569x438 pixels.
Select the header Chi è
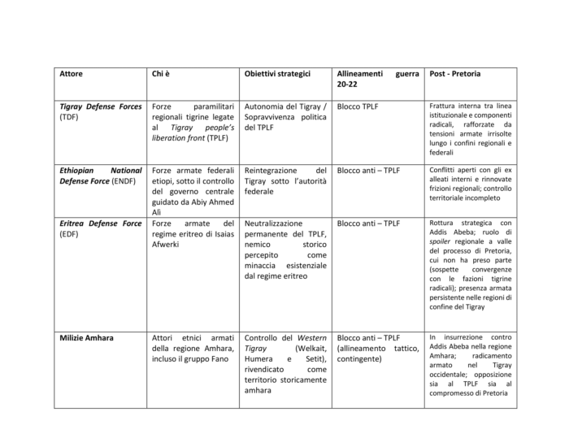[160, 74]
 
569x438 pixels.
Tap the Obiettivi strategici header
[278, 74]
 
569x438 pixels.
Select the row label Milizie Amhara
[87, 337]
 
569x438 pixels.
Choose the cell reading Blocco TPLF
[357, 106]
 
